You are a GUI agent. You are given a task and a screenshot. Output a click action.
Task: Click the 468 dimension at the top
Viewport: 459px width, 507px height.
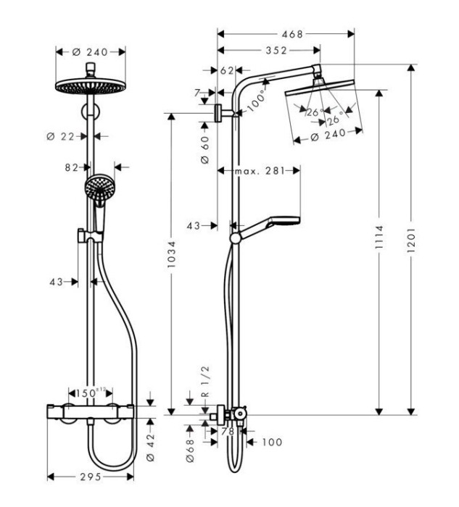293,33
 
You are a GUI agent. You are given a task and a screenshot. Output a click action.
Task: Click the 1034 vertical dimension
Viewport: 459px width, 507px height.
171,266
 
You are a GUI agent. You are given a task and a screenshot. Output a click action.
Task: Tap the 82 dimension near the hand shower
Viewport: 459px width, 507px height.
71,167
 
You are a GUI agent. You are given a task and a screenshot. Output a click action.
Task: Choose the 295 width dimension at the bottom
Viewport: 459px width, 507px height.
90,477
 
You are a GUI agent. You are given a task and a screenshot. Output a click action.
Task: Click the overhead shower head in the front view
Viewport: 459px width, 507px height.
90,85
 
